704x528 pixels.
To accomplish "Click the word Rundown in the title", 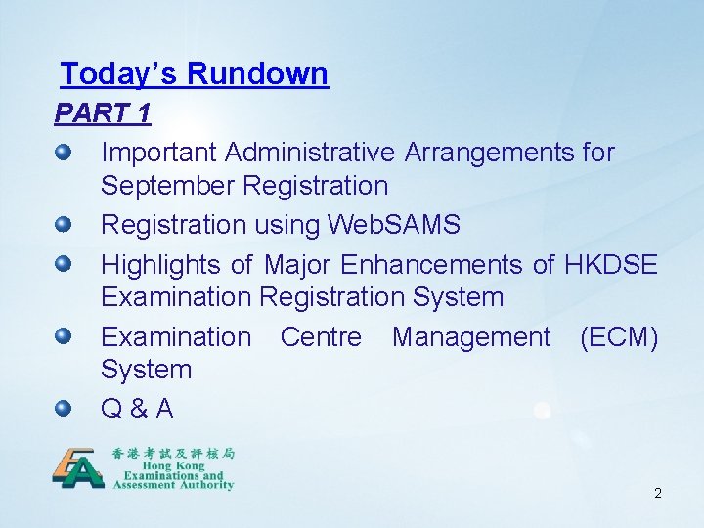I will point(257,74).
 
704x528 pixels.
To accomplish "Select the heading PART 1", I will point(103,113).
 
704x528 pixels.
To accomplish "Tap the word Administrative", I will point(310,153).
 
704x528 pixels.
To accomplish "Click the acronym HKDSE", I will point(610,264).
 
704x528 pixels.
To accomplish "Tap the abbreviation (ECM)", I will point(618,337).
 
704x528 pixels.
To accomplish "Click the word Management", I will point(471,337).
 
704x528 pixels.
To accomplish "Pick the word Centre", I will point(320,337).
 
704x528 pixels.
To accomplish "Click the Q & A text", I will point(137,409).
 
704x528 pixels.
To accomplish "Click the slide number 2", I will point(657,493).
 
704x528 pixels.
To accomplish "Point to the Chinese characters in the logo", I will point(173,453).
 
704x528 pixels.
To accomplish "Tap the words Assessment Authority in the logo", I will point(173,484).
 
